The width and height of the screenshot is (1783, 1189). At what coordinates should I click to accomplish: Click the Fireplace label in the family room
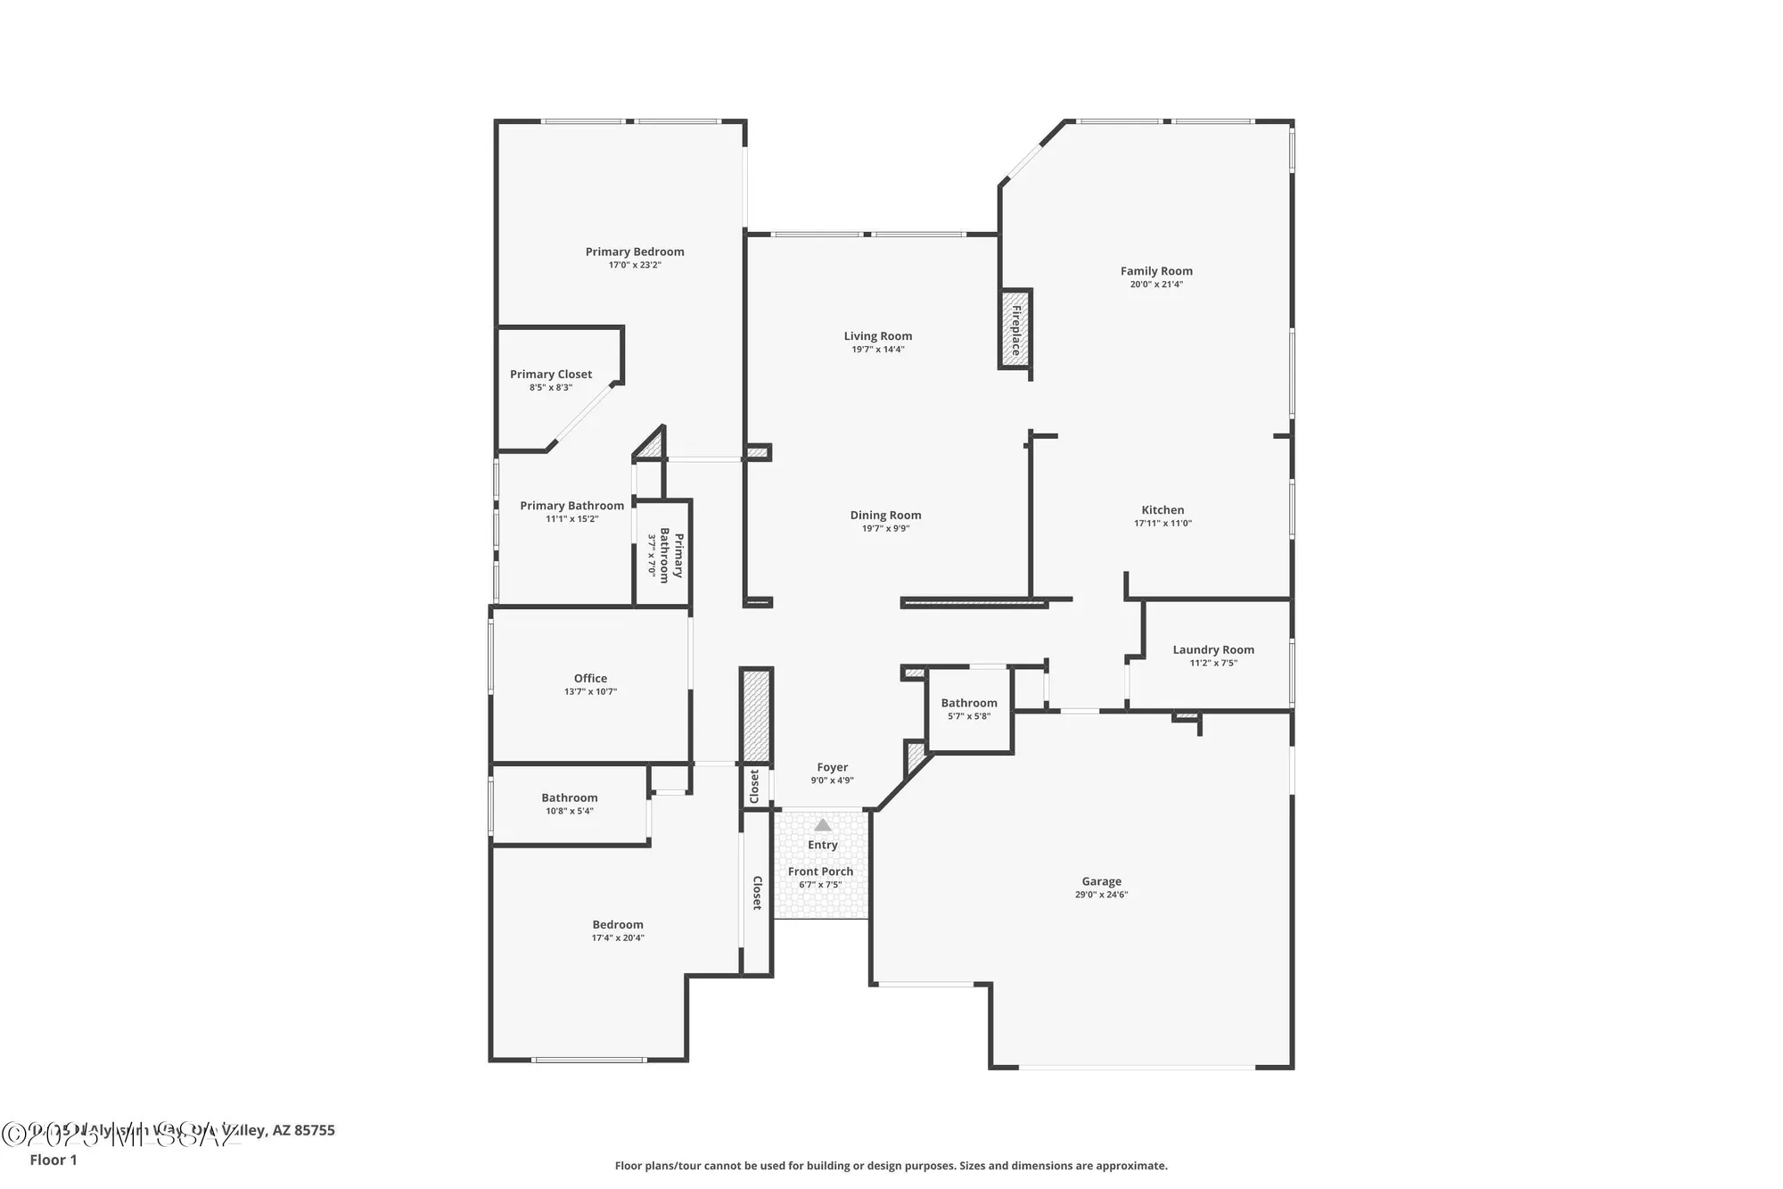point(1015,329)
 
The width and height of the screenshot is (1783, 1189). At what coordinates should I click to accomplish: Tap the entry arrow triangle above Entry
point(823,825)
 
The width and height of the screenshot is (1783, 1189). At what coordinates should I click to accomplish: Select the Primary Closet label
point(551,375)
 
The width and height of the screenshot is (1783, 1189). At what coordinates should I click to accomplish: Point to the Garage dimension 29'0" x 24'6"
point(1101,895)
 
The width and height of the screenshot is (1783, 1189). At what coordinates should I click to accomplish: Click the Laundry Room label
point(1213,650)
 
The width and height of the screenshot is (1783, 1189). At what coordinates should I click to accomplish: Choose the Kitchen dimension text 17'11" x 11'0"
point(1163,524)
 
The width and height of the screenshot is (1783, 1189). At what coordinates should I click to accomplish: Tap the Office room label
point(590,679)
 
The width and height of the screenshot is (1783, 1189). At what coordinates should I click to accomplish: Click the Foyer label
point(832,767)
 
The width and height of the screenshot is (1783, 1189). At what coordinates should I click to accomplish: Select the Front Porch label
point(820,871)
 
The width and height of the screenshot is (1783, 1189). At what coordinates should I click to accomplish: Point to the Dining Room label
point(885,516)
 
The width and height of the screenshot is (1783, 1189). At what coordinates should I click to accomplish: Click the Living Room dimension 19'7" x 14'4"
point(878,350)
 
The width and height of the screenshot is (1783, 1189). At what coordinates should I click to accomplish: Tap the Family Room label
point(1156,271)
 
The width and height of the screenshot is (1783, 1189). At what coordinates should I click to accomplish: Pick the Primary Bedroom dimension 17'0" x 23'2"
point(635,265)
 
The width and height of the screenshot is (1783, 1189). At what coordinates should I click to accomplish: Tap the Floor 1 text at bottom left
point(53,1160)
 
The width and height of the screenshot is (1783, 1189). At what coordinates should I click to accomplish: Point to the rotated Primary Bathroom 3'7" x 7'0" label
point(665,556)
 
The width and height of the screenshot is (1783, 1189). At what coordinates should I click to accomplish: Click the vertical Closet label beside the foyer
point(755,786)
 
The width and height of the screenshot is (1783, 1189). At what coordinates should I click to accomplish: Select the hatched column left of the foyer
point(756,714)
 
